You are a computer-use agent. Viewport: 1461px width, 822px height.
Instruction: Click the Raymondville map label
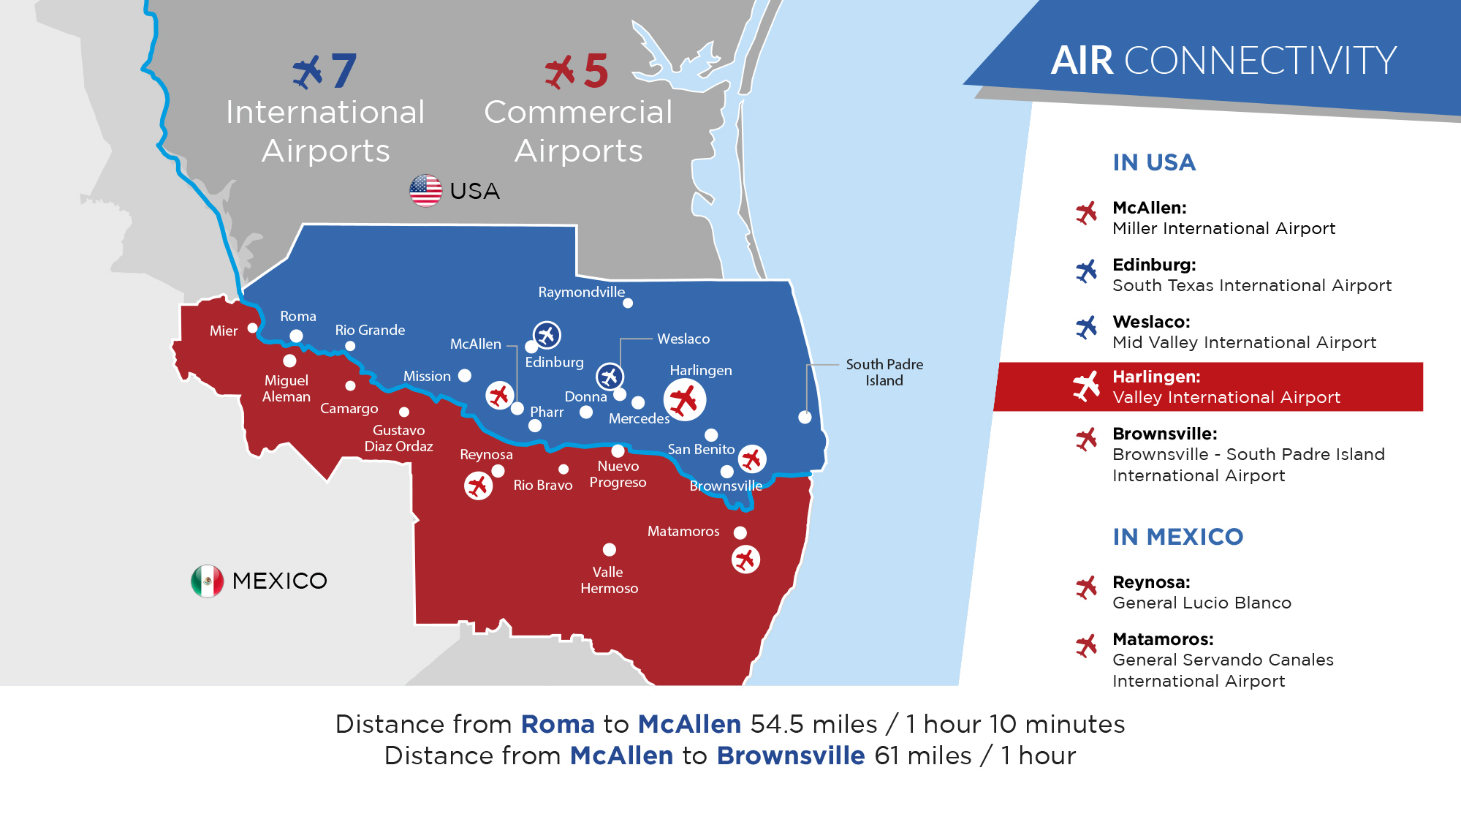click(582, 293)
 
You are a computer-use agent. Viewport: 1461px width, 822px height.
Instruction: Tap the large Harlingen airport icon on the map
click(685, 399)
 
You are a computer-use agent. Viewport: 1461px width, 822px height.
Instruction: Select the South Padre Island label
click(884, 372)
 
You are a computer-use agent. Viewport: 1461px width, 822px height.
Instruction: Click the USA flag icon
click(426, 191)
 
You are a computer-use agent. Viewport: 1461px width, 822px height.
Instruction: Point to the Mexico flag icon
click(208, 581)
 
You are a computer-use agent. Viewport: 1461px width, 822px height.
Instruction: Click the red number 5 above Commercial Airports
click(596, 71)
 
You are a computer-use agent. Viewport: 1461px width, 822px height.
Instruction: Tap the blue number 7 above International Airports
click(344, 71)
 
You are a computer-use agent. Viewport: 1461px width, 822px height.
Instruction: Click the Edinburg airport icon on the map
click(547, 335)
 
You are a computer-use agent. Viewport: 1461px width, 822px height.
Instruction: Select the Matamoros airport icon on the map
click(745, 559)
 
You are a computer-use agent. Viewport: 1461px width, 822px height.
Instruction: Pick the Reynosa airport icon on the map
click(478, 486)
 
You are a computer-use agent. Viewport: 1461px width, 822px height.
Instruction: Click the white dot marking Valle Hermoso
click(610, 549)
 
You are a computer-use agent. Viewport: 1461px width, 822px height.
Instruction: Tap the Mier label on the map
click(224, 331)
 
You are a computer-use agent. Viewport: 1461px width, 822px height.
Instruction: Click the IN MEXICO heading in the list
click(1177, 537)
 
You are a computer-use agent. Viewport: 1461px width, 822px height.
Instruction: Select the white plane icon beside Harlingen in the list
click(1086, 386)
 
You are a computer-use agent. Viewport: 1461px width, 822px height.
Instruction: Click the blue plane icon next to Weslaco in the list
click(1086, 328)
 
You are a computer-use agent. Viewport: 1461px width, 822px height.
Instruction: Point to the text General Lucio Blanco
click(1202, 603)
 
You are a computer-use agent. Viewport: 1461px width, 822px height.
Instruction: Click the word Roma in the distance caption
click(558, 724)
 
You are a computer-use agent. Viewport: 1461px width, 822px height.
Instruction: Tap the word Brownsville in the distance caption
click(791, 755)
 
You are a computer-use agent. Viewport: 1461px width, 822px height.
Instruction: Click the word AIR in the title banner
click(1082, 60)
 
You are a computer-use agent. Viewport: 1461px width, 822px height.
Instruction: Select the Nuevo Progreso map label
click(618, 474)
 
